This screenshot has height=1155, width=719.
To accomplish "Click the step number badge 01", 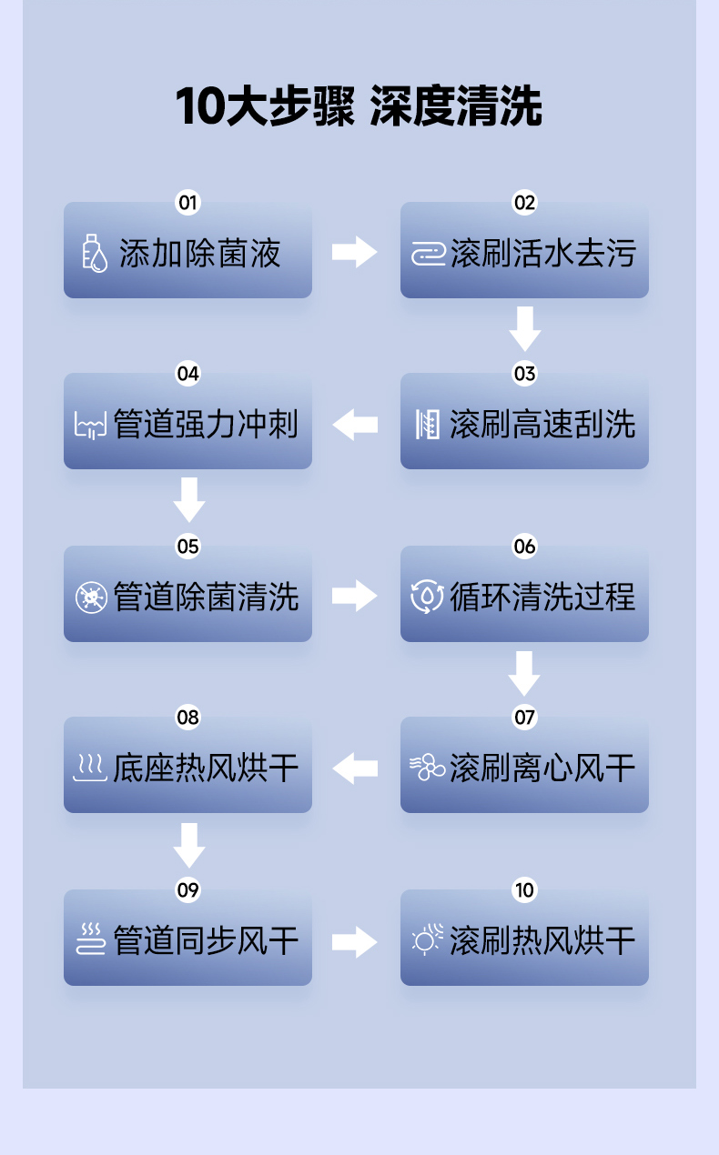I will [187, 202].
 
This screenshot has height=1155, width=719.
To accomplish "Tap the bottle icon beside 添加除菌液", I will [94, 253].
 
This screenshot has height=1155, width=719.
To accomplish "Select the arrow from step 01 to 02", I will [354, 252].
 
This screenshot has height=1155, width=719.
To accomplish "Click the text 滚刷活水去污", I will [542, 253].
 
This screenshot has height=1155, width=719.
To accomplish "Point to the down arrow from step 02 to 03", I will [525, 328].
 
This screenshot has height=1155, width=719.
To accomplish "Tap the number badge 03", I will [525, 374].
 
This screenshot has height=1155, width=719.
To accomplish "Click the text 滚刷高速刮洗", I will [542, 425].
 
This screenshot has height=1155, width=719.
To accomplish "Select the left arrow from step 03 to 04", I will [355, 424].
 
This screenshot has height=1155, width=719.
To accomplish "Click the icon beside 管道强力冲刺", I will [90, 425].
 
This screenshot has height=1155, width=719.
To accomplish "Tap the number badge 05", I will [187, 546].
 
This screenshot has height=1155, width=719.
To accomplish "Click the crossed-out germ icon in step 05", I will [91, 598].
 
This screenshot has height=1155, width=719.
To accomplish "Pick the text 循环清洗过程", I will [542, 598].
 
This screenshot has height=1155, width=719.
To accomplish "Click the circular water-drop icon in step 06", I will [427, 598].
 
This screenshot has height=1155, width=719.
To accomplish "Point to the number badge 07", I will [525, 718].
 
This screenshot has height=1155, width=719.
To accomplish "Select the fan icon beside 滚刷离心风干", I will [427, 768].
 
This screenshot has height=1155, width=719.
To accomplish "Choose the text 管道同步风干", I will [206, 940].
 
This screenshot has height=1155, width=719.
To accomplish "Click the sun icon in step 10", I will [427, 939].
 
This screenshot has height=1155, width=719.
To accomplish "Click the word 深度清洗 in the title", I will [457, 107].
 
